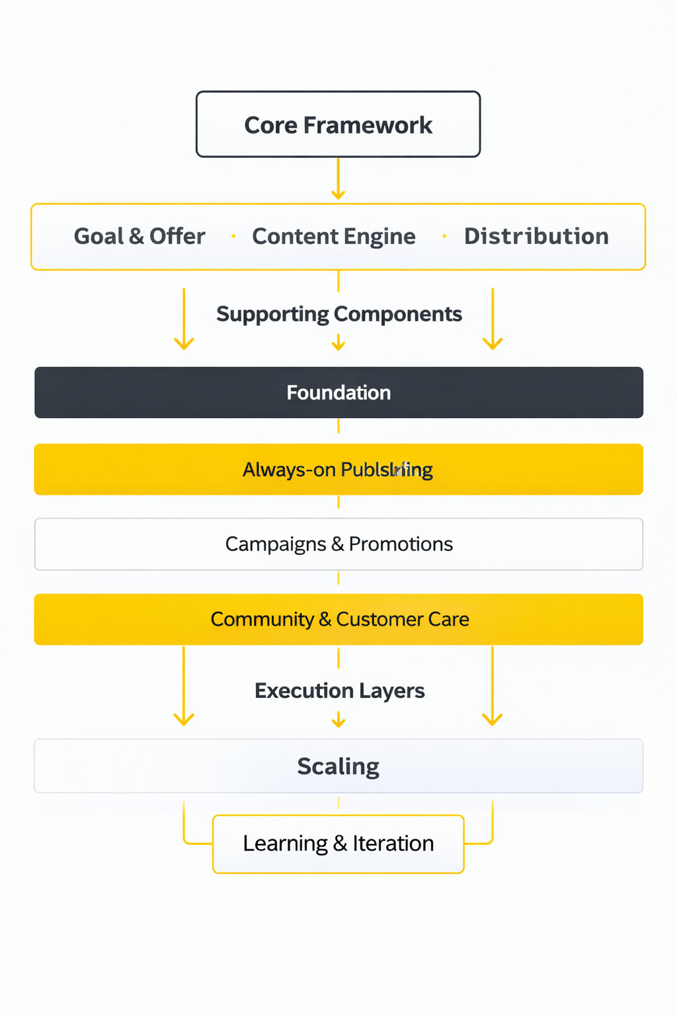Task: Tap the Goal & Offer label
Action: (x=139, y=236)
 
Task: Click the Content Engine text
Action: (x=334, y=236)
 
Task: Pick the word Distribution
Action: (x=536, y=236)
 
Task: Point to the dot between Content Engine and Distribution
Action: (x=444, y=236)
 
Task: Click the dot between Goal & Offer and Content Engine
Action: (x=233, y=236)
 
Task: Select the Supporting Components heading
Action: (x=338, y=314)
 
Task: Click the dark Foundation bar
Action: (x=338, y=392)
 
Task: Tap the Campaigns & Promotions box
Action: (x=338, y=544)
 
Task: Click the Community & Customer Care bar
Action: (x=338, y=619)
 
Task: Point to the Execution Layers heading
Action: (x=339, y=691)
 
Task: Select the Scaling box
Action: (x=338, y=766)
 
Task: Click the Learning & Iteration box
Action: (x=338, y=843)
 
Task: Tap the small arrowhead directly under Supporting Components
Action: (x=338, y=344)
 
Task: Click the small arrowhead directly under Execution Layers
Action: (x=338, y=721)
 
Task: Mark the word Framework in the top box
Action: (x=368, y=125)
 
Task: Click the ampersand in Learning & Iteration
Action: (x=340, y=843)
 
